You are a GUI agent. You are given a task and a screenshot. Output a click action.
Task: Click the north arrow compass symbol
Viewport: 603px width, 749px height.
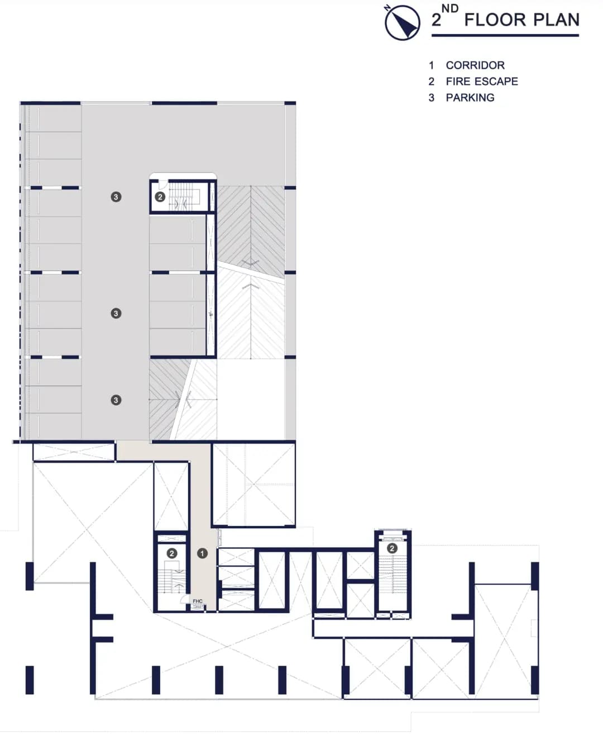pyautogui.click(x=403, y=22)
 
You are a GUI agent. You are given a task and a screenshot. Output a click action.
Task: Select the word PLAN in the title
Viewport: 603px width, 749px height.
pyautogui.click(x=557, y=20)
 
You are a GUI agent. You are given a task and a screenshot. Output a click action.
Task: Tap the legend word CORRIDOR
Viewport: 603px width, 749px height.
pyautogui.click(x=475, y=65)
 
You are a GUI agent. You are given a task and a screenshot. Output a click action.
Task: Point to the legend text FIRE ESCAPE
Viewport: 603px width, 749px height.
pyautogui.click(x=482, y=82)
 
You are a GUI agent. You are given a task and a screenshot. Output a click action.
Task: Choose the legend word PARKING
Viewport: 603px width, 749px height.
pyautogui.click(x=470, y=98)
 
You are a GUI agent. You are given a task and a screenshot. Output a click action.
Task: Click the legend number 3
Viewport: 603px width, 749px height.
pyautogui.click(x=432, y=98)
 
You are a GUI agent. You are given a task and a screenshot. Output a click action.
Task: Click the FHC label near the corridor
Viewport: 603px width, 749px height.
pyautogui.click(x=198, y=601)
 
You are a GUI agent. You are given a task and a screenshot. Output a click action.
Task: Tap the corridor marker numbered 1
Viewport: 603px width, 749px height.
pyautogui.click(x=202, y=553)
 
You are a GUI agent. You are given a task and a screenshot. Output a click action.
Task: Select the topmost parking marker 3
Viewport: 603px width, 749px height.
pyautogui.click(x=116, y=197)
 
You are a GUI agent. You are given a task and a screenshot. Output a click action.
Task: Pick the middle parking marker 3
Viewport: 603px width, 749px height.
pyautogui.click(x=116, y=313)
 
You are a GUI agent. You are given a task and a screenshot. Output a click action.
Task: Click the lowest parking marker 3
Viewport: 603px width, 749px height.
pyautogui.click(x=116, y=400)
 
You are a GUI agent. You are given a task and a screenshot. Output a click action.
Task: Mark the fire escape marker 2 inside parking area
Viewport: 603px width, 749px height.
pyautogui.click(x=160, y=197)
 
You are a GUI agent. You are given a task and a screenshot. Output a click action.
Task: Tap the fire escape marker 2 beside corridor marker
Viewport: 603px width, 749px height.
pyautogui.click(x=172, y=553)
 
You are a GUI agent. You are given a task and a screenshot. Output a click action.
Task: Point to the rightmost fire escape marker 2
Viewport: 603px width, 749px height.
pyautogui.click(x=392, y=548)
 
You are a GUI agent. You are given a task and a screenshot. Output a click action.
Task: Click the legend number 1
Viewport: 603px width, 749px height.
pyautogui.click(x=432, y=65)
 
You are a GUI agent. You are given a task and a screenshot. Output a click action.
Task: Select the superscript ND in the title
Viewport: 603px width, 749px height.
pyautogui.click(x=450, y=9)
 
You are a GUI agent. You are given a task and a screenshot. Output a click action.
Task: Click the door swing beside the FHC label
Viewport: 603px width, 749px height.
pyautogui.click(x=184, y=600)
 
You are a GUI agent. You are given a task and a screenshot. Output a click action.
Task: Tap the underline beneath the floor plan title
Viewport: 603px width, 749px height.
pyautogui.click(x=505, y=35)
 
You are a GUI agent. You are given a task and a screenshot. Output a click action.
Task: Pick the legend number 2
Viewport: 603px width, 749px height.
pyautogui.click(x=432, y=82)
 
